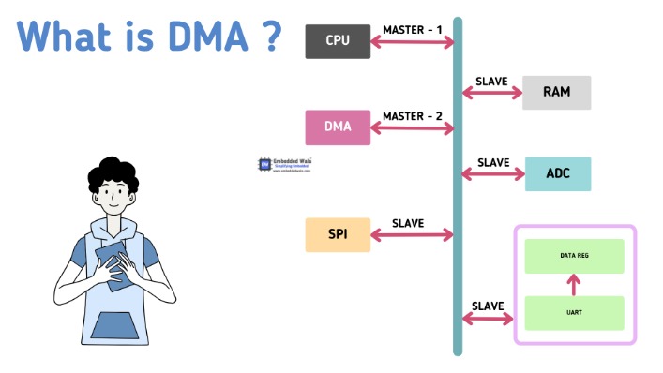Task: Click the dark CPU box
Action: pos(338,40)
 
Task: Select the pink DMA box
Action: pos(338,127)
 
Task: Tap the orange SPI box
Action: pos(338,234)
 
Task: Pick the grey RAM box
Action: pos(557,92)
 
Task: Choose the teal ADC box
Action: pos(557,173)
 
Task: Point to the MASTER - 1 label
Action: pos(413,30)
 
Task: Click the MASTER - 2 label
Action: pos(413,116)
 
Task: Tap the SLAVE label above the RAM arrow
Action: pos(492,82)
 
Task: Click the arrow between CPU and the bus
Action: pos(413,42)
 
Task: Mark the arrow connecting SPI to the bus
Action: pos(413,235)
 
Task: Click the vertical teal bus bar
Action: pos(458,187)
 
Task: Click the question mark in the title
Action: pos(270,36)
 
